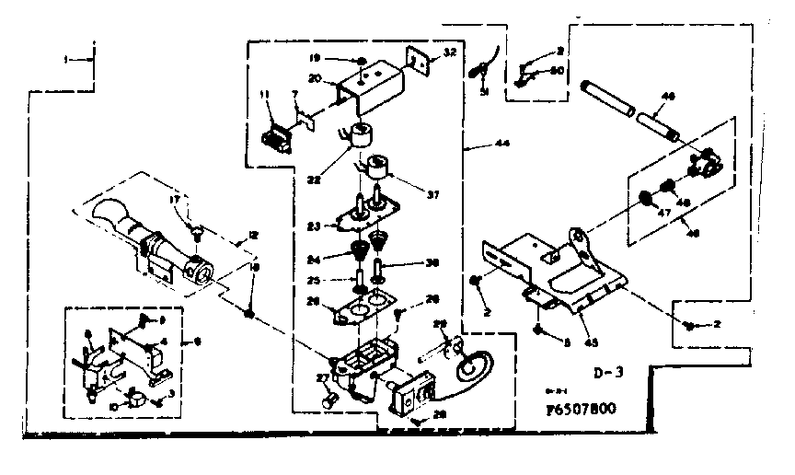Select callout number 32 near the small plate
pos(450,52)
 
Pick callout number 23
pos(313,225)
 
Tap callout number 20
pos(314,79)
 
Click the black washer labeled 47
pos(644,197)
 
